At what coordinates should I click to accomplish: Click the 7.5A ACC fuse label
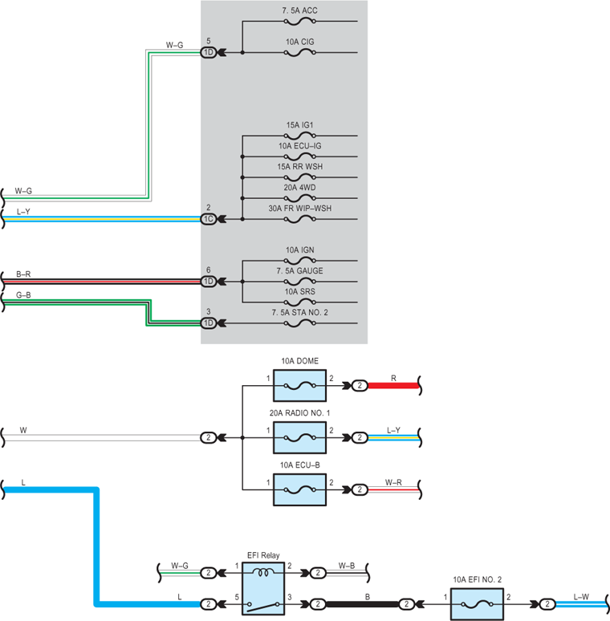point(299,10)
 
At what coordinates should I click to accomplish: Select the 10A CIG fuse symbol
point(300,53)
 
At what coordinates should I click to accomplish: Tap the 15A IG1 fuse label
point(299,125)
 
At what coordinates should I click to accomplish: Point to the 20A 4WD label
point(299,188)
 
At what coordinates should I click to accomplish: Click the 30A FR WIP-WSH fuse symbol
point(300,219)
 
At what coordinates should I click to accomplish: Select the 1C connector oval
point(209,219)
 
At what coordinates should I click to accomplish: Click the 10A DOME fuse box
point(300,386)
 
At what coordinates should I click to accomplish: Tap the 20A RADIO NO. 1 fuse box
point(300,437)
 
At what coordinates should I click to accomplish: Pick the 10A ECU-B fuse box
point(300,490)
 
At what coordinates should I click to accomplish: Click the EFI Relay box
point(263,589)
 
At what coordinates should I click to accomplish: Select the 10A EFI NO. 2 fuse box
point(478,604)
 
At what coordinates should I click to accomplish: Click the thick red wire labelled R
point(393,386)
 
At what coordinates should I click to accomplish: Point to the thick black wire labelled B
point(362,604)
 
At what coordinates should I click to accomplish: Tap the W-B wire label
point(347,566)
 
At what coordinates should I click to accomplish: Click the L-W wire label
point(581,597)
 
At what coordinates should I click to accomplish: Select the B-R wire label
point(23,274)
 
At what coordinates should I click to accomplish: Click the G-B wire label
point(23,295)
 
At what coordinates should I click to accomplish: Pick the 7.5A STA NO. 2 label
point(300,312)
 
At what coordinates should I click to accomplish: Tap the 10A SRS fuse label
point(300,292)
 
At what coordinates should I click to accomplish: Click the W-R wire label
point(393,482)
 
